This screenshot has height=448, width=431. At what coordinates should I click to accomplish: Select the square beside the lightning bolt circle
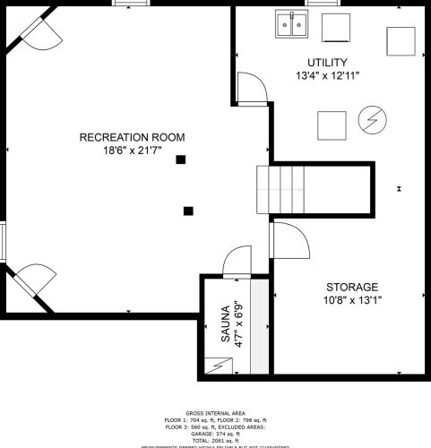pyautogui.click(x=332, y=124)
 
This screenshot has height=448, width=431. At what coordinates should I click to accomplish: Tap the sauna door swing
pyautogui.click(x=236, y=262)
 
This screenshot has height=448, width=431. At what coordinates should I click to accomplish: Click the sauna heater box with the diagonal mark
pyautogui.click(x=220, y=366)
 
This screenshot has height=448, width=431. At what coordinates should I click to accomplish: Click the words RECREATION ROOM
pyautogui.click(x=132, y=137)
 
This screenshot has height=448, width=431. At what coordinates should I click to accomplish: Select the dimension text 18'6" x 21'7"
pyautogui.click(x=132, y=151)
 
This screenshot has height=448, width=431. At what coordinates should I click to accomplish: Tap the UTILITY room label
pyautogui.click(x=326, y=62)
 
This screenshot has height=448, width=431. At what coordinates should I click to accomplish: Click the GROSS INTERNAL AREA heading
pyautogui.click(x=215, y=413)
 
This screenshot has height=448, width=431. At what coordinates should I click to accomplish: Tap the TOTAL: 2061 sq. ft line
pyautogui.click(x=215, y=438)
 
